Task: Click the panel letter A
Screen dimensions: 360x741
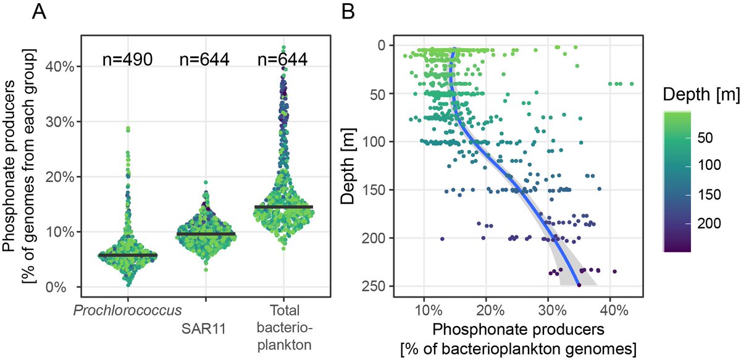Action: pyautogui.click(x=39, y=12)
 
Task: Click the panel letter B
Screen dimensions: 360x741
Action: pyautogui.click(x=350, y=12)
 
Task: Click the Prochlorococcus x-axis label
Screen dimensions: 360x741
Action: pyautogui.click(x=128, y=308)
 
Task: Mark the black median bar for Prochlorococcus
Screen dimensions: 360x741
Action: pyautogui.click(x=128, y=255)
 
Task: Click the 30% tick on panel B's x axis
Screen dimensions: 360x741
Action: pyautogui.click(x=548, y=307)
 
